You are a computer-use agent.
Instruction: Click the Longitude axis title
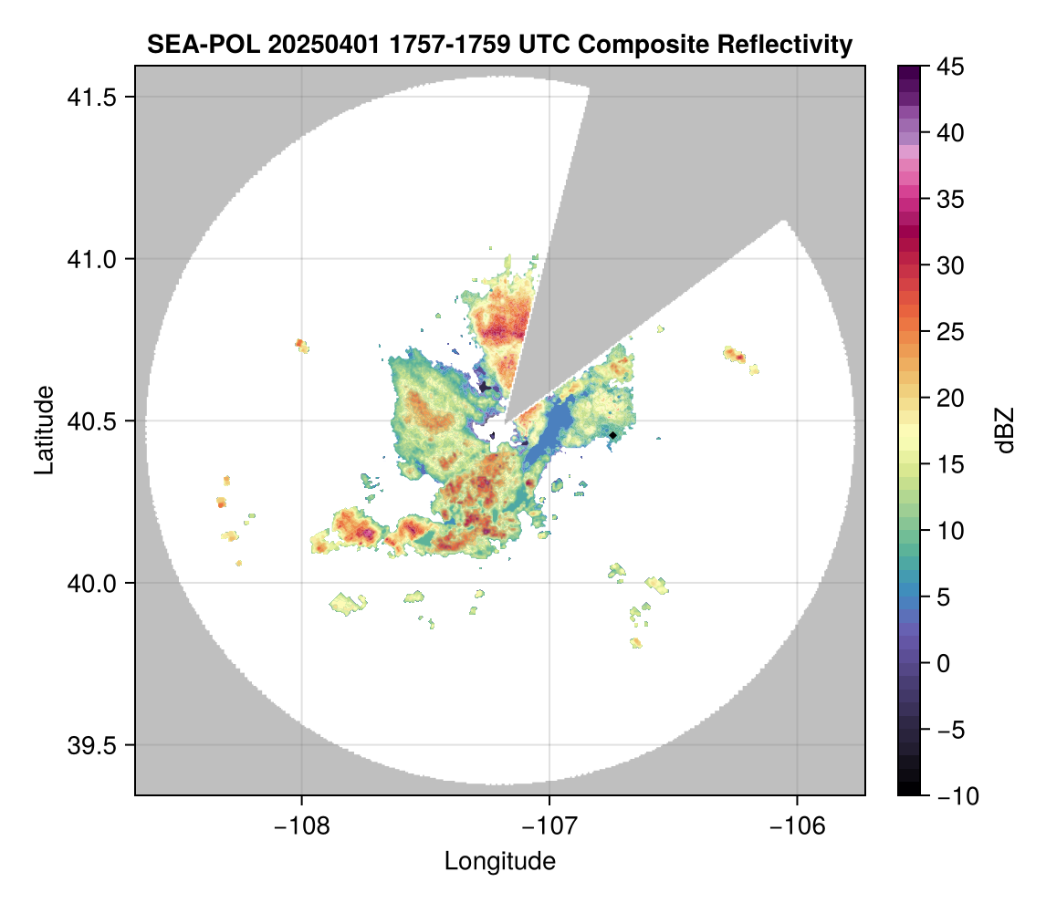click(499, 861)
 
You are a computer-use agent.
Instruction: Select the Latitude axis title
click(44, 430)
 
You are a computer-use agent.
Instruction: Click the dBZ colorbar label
click(1005, 430)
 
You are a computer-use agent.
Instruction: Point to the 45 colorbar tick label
click(950, 67)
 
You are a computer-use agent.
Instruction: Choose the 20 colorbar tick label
click(950, 399)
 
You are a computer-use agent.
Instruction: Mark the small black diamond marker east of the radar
click(613, 435)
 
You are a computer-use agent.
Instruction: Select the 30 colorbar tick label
click(950, 265)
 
